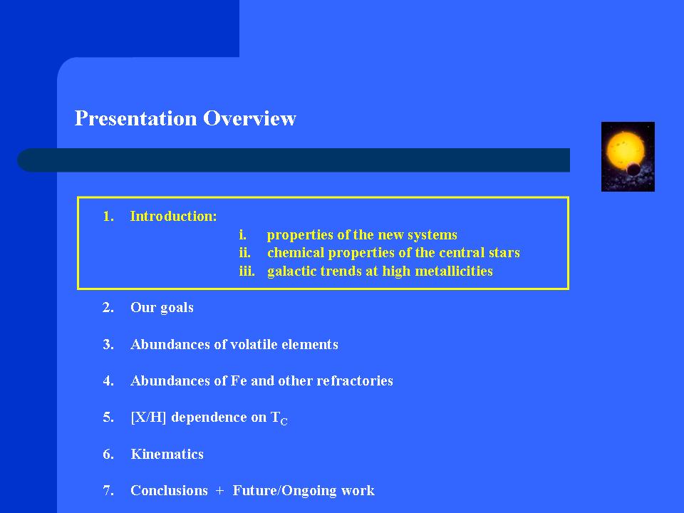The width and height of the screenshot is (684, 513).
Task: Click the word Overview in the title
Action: point(249,118)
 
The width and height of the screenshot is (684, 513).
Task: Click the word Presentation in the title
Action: point(135,119)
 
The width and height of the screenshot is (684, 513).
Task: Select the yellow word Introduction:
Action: point(173,217)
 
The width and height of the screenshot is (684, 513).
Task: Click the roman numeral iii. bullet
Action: point(247,271)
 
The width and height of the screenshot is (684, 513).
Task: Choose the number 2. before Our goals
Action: point(108,308)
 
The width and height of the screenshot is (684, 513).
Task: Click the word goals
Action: point(177,309)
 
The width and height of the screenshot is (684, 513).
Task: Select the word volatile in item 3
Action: point(254,345)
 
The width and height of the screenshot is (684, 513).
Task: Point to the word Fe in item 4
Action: point(239,380)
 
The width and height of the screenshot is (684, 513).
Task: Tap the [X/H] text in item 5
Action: point(148,418)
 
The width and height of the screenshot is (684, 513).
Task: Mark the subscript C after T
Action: point(284,422)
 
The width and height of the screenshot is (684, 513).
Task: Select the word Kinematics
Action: point(167,454)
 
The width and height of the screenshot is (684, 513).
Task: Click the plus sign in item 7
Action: point(220,491)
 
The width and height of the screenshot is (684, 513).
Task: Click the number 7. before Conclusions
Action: point(108,491)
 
